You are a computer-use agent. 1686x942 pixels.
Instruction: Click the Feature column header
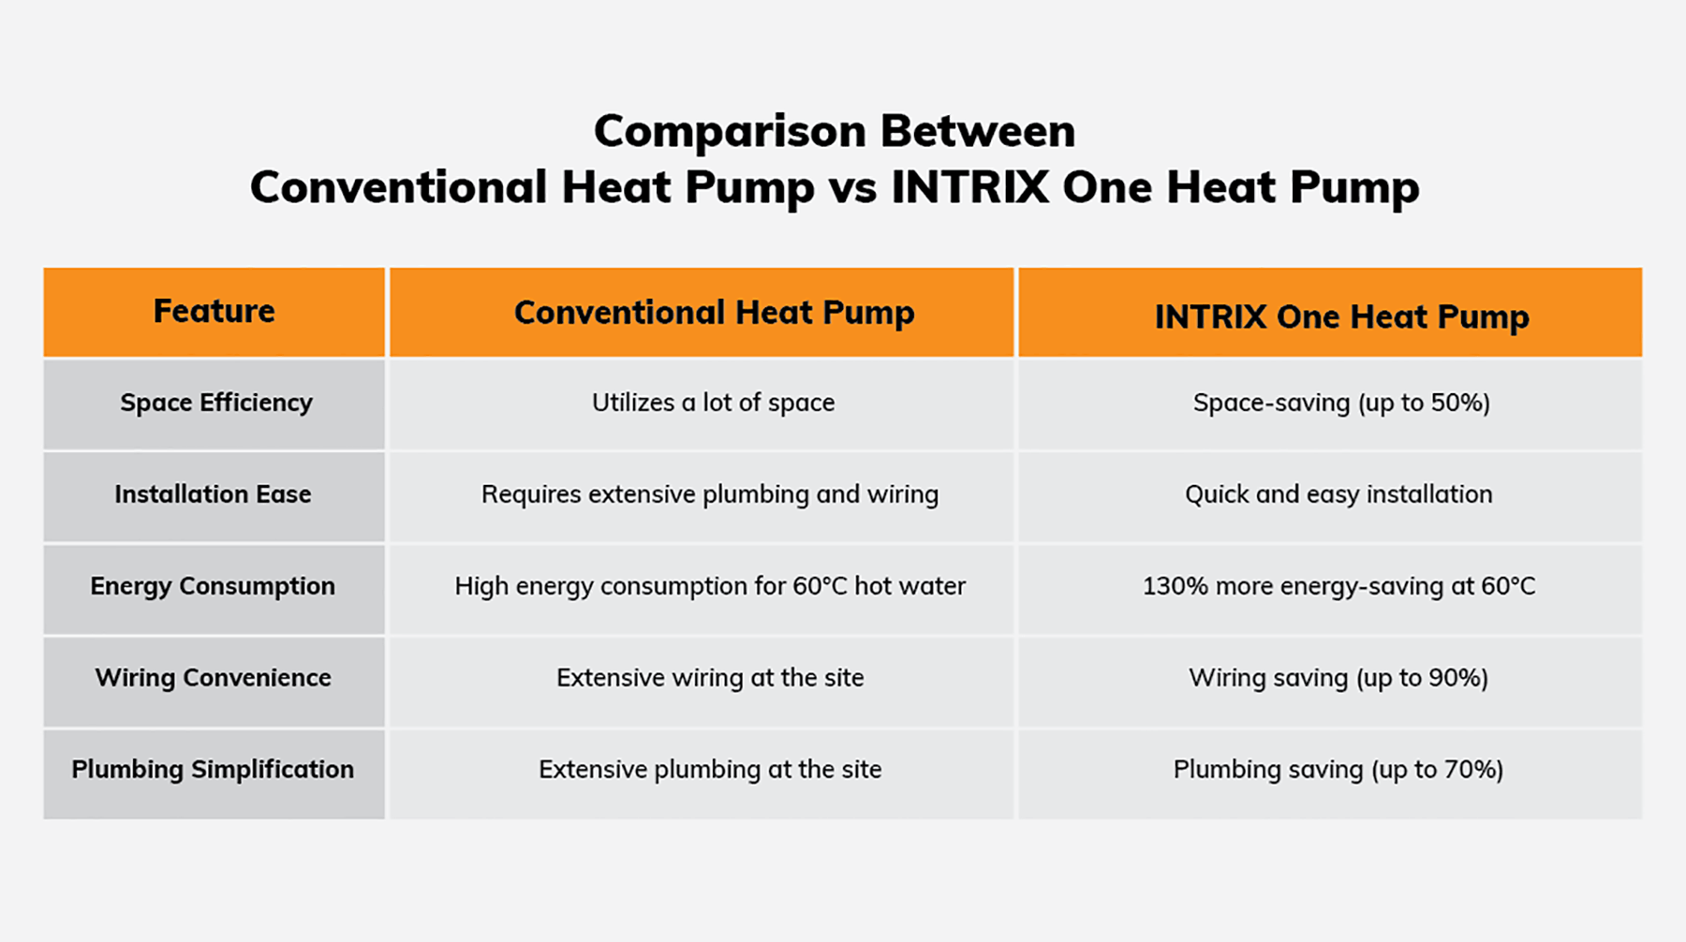pos(214,311)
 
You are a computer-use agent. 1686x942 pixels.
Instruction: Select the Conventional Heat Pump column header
pos(714,313)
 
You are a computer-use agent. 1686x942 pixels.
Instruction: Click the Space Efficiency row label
pos(215,403)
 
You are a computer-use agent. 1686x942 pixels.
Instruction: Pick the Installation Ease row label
pos(213,493)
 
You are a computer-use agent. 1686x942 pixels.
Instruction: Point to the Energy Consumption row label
pos(213,586)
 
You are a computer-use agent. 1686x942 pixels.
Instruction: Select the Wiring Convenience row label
pos(213,678)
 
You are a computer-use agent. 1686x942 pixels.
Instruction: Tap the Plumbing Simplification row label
pos(213,770)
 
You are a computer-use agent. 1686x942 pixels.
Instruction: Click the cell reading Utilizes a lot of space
pos(713,403)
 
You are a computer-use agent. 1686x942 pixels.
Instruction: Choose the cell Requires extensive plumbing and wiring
pos(710,494)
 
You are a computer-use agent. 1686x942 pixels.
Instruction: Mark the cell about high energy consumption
pos(710,586)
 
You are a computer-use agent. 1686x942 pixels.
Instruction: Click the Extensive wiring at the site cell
pos(710,678)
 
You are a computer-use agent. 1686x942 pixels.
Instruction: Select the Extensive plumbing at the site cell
pos(710,770)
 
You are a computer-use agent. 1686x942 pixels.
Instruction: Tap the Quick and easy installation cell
pos(1338,494)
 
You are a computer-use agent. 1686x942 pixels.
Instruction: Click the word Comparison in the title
pos(729,132)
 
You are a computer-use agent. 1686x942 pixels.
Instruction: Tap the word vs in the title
pos(852,188)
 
